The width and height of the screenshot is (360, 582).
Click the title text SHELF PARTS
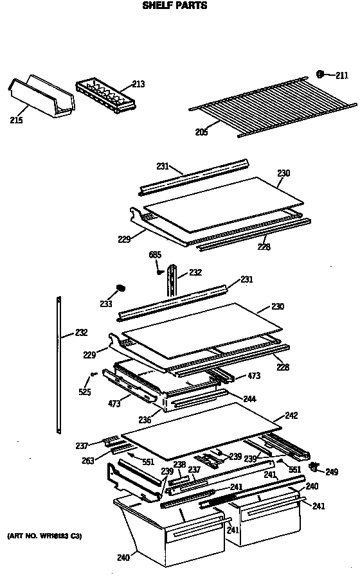click(174, 6)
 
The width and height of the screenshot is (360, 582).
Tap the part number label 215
click(16, 119)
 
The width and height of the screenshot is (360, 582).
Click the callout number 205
click(201, 132)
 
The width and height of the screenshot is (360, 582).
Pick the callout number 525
click(85, 392)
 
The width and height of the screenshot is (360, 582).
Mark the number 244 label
click(249, 399)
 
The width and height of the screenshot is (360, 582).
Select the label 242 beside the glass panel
click(291, 416)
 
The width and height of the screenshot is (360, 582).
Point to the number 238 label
click(179, 464)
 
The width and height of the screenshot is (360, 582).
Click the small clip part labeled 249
click(314, 465)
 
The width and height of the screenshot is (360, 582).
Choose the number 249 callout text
click(331, 472)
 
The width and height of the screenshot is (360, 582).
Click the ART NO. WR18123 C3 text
click(44, 535)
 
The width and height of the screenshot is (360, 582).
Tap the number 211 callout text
click(341, 75)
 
